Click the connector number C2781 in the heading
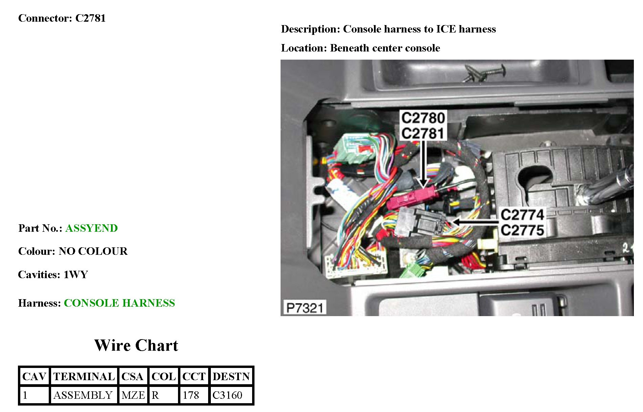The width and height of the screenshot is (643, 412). pos(90,18)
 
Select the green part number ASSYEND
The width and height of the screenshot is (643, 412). pos(91,228)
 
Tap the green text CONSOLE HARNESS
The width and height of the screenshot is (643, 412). pos(119,303)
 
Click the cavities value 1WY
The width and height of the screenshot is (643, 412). pos(76,274)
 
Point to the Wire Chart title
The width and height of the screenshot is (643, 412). pos(136,346)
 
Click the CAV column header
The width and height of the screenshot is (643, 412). pos(34,376)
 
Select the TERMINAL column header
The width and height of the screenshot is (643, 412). pos(84,376)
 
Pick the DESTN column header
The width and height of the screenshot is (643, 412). pos(231,376)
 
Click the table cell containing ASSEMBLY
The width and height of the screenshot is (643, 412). pos(83,395)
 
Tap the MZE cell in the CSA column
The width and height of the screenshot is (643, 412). pos(133,395)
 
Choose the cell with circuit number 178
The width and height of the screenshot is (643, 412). pos(191,395)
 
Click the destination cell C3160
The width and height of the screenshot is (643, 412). pos(227,395)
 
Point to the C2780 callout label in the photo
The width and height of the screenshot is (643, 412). pos(423,118)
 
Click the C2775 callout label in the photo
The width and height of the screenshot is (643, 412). pos(522,230)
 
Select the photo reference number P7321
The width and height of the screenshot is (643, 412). pos(304,308)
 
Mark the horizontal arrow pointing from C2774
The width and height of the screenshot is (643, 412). pos(475,222)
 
